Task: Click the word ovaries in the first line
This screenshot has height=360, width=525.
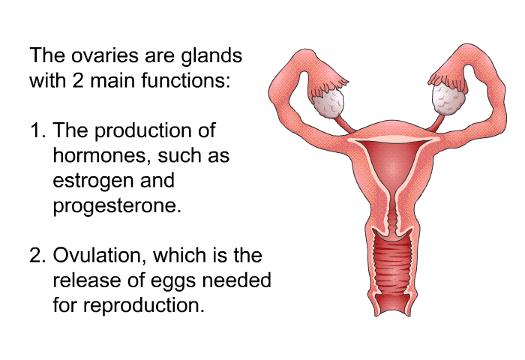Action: pos(105,56)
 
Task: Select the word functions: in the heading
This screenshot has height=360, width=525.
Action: pos(186,80)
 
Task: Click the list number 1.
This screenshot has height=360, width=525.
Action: pos(37,130)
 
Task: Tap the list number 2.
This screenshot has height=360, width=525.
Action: pos(37,256)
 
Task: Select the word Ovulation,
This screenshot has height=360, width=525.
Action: pos(100,256)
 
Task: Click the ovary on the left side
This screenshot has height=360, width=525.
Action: pos(328,102)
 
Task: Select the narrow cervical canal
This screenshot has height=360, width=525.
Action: pos(392,214)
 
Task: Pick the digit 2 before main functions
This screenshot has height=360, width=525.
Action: pos(78,81)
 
